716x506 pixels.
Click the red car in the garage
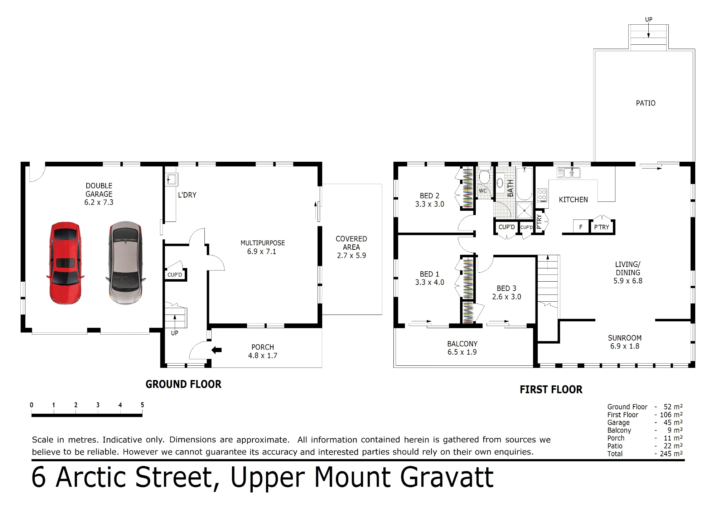point(65,263)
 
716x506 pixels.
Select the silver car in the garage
point(125,263)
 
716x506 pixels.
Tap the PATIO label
point(645,103)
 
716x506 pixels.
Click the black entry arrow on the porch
point(217,350)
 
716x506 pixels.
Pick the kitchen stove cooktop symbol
point(542,195)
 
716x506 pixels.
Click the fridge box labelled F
point(581,227)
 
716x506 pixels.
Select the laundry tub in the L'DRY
point(171,179)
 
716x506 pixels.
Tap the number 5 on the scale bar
point(142,405)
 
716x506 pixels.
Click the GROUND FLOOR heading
point(183,384)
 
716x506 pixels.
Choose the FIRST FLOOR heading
point(551,389)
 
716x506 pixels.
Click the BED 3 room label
point(506,288)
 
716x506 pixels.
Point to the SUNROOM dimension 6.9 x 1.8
point(625,346)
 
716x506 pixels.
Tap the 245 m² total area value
point(671,454)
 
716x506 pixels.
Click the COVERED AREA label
point(351,243)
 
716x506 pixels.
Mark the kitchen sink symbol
point(569,173)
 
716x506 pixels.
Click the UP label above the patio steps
point(649,19)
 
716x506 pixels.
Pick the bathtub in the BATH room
point(524,184)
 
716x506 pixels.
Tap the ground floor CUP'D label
point(175,275)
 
